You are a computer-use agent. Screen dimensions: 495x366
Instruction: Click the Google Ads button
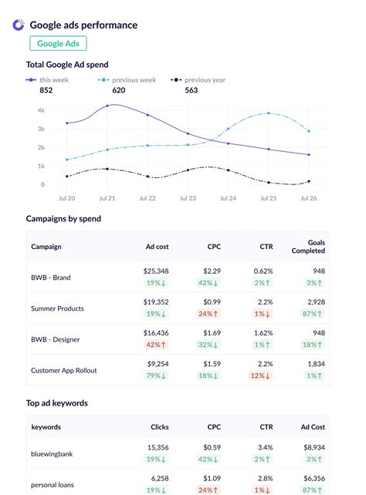pyautogui.click(x=59, y=44)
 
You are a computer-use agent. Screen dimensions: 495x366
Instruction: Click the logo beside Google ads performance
pyautogui.click(x=19, y=25)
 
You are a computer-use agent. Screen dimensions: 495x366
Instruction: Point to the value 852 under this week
pyautogui.click(x=46, y=90)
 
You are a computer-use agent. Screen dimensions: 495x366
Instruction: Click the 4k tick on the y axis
pyautogui.click(x=40, y=110)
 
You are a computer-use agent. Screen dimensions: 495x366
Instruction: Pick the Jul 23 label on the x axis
pyautogui.click(x=188, y=198)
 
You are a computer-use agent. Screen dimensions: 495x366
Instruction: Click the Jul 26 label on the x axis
pyautogui.click(x=308, y=198)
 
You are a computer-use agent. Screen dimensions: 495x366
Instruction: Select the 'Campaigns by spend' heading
pyautogui.click(x=63, y=218)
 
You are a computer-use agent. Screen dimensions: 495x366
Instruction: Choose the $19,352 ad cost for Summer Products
pyautogui.click(x=155, y=302)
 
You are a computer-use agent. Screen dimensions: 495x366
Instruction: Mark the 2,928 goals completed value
pyautogui.click(x=313, y=302)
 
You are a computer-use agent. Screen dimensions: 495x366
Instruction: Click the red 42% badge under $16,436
pyautogui.click(x=156, y=345)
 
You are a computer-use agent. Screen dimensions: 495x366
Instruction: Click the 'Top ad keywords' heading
pyautogui.click(x=57, y=402)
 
